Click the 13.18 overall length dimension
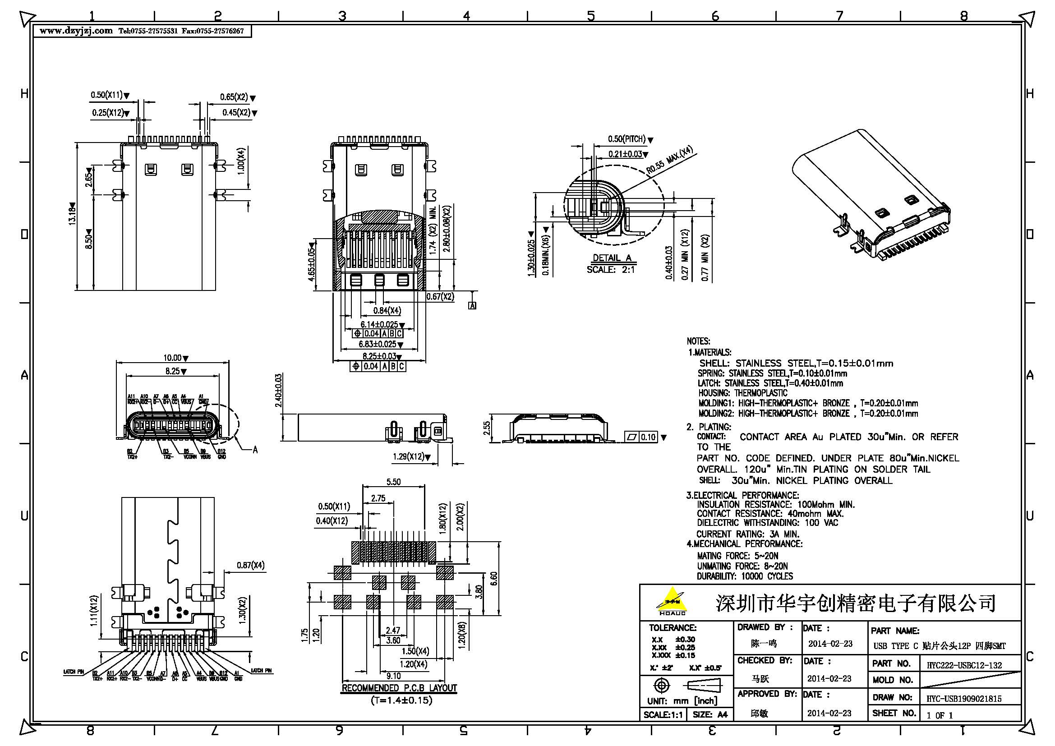(x=72, y=214)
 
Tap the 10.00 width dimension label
(x=173, y=358)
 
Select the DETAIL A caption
(x=612, y=258)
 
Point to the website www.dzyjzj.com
(x=76, y=31)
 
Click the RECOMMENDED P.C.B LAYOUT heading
(x=399, y=688)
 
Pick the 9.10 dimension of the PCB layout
(x=393, y=676)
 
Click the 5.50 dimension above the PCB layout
(x=393, y=482)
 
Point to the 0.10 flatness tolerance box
(x=647, y=437)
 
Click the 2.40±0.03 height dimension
(x=278, y=391)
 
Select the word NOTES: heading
(x=698, y=341)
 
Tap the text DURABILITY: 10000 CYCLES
(x=744, y=576)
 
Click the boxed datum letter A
(x=472, y=305)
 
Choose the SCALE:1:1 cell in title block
(x=663, y=715)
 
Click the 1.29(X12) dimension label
(x=409, y=456)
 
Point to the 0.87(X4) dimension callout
(x=250, y=566)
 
